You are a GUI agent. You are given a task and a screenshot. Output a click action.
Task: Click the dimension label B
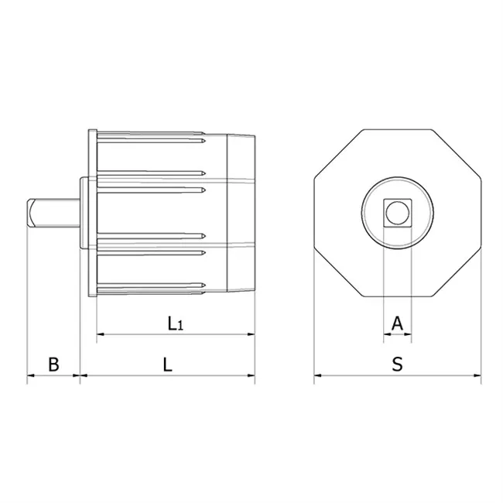[53, 364]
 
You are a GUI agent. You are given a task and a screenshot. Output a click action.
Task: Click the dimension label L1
[175, 323]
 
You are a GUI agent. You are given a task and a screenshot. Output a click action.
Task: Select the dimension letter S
[397, 364]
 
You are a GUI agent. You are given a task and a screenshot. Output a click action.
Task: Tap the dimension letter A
[397, 323]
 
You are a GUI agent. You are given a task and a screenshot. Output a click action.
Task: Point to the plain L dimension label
[167, 364]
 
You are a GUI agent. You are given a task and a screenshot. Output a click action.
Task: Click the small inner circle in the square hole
[398, 213]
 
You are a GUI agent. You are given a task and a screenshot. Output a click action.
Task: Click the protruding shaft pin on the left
[53, 213]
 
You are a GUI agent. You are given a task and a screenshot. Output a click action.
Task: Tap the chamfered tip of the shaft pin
[30, 213]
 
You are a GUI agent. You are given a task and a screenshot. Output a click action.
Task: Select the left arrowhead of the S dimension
[318, 375]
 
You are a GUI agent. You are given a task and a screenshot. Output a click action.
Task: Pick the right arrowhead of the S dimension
[477, 375]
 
